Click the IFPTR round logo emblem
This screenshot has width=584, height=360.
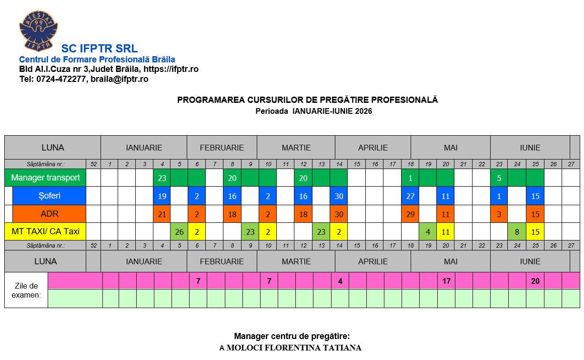click(x=38, y=30)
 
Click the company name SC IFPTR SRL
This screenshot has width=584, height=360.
click(x=100, y=49)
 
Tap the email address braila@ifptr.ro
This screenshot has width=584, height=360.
click(x=120, y=79)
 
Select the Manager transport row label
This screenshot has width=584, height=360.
click(x=45, y=178)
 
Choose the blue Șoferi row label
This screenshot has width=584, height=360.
click(x=49, y=196)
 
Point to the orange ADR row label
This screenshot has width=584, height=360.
click(x=49, y=214)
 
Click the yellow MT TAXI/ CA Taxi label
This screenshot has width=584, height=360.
click(x=45, y=231)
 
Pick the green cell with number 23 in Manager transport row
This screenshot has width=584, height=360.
click(x=162, y=178)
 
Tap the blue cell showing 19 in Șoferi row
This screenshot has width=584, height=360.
click(x=162, y=196)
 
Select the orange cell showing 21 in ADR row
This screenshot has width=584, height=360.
click(x=162, y=214)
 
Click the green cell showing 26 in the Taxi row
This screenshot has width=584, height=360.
click(x=179, y=232)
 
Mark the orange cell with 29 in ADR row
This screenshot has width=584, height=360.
click(x=410, y=214)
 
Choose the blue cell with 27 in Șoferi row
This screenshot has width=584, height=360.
click(x=410, y=196)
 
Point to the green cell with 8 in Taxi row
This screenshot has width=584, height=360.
click(x=517, y=232)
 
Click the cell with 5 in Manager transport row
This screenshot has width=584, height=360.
click(x=499, y=178)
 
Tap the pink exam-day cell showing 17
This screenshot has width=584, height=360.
click(x=446, y=281)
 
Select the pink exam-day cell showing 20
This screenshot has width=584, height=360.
click(x=535, y=281)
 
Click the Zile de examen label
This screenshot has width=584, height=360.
click(x=26, y=290)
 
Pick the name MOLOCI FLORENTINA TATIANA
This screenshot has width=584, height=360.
click(x=294, y=348)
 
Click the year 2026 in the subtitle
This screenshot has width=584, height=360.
click(x=363, y=111)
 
